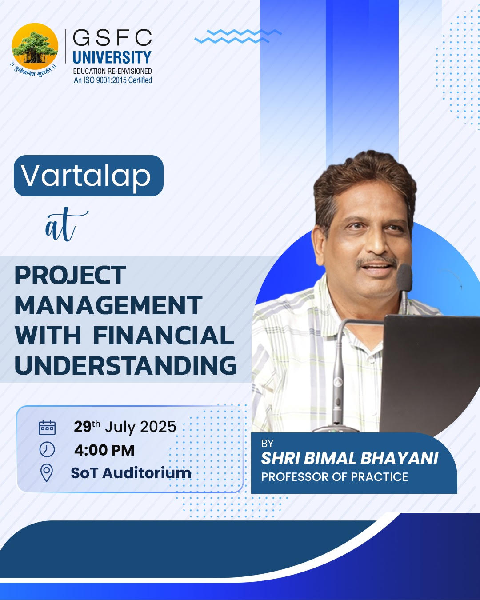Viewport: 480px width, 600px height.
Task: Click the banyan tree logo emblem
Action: (35, 47)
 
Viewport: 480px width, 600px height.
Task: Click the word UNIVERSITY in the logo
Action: (112, 57)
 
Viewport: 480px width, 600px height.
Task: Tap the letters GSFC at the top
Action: (112, 38)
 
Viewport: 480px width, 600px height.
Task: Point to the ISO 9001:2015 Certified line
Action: (113, 80)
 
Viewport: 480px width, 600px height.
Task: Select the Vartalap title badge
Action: (88, 176)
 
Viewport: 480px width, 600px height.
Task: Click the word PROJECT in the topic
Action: (70, 276)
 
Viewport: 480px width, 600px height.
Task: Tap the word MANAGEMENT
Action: (108, 306)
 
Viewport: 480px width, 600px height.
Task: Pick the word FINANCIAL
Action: (163, 336)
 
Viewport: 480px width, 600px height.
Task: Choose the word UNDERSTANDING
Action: (126, 365)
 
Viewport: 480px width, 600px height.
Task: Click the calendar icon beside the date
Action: (47, 427)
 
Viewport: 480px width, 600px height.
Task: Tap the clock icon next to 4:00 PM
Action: (47, 450)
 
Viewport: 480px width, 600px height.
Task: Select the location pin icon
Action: (47, 473)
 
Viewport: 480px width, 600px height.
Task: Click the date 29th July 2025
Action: (125, 427)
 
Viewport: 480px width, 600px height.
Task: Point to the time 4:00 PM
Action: (104, 450)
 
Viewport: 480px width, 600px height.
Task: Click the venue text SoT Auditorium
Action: (131, 473)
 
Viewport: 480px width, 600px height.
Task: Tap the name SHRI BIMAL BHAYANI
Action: (349, 458)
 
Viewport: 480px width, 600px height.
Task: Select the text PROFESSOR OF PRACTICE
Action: (334, 477)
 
